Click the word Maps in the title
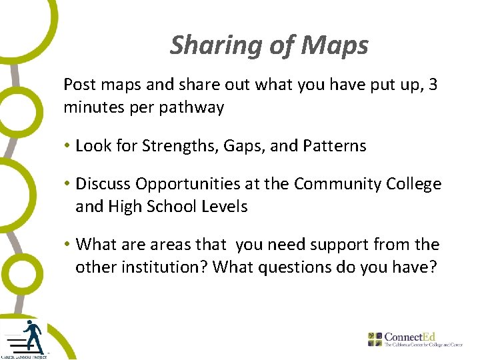point(335,46)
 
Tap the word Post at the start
point(78,85)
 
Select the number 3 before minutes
point(433,85)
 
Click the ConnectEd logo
point(415,339)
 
